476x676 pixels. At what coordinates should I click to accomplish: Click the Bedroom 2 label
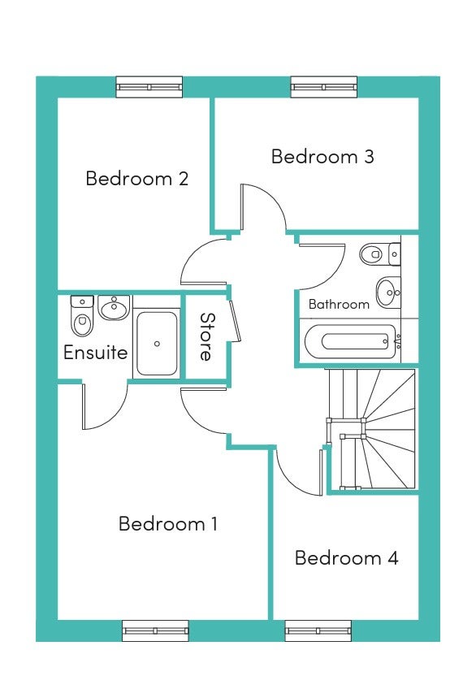tap(137, 179)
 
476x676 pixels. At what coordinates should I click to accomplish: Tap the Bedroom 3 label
tap(322, 156)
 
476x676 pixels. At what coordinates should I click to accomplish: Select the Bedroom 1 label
tap(167, 523)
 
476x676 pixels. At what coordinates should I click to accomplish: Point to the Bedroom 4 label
tap(347, 558)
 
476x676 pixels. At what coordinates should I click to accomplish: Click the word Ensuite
tap(95, 353)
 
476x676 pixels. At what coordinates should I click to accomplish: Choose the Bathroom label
tap(339, 305)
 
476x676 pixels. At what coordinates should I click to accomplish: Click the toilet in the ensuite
tap(82, 315)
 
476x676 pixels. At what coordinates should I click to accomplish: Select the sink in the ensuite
tap(115, 307)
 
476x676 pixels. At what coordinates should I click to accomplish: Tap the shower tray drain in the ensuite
tap(157, 344)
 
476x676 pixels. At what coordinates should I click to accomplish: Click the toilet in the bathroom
tap(380, 254)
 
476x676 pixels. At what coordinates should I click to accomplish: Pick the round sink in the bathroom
tap(388, 292)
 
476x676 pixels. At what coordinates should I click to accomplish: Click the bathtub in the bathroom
tap(349, 342)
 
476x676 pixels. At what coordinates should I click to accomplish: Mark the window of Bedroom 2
tap(149, 87)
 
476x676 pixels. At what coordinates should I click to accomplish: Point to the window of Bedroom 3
tap(324, 87)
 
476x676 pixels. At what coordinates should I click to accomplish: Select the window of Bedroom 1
tap(155, 631)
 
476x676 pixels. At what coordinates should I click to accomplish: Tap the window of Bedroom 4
tap(318, 631)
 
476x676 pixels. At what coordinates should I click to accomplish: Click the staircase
tap(371, 429)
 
